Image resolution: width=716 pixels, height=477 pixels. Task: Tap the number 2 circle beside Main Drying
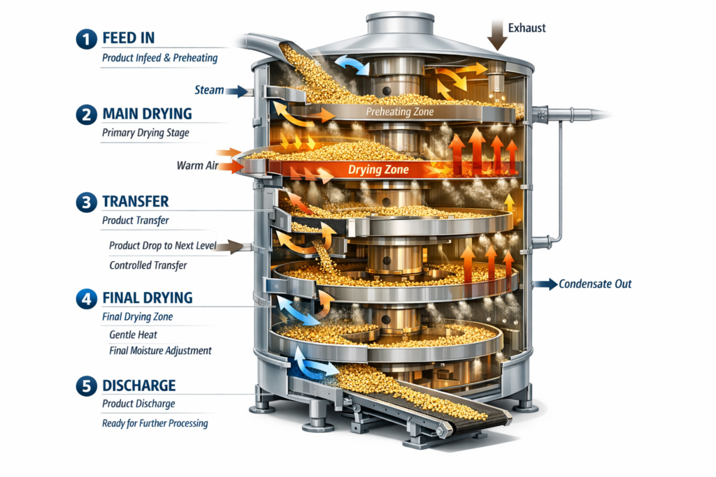(x=85, y=114)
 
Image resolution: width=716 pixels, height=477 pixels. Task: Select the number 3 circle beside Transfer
(x=85, y=202)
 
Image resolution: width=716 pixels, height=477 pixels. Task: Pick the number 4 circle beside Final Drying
(x=85, y=298)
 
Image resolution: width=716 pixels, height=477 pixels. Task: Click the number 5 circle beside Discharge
(x=85, y=386)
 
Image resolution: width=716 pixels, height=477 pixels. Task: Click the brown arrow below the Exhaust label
(x=497, y=34)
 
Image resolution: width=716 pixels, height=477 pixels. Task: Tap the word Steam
(x=210, y=90)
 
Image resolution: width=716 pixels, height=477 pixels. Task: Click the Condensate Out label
(x=595, y=284)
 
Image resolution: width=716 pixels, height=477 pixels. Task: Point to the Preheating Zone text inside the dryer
(x=400, y=112)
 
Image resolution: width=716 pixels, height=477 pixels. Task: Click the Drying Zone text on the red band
(x=378, y=170)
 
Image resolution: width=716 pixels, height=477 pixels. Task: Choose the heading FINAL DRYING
(x=147, y=298)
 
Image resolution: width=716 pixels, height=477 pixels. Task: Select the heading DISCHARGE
(x=138, y=386)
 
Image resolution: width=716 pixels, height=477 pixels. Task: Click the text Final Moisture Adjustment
(x=160, y=351)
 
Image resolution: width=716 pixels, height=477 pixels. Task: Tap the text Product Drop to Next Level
(x=163, y=246)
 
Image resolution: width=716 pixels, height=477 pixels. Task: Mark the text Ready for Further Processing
(x=155, y=423)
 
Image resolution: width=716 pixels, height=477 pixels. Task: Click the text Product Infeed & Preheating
(x=159, y=58)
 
